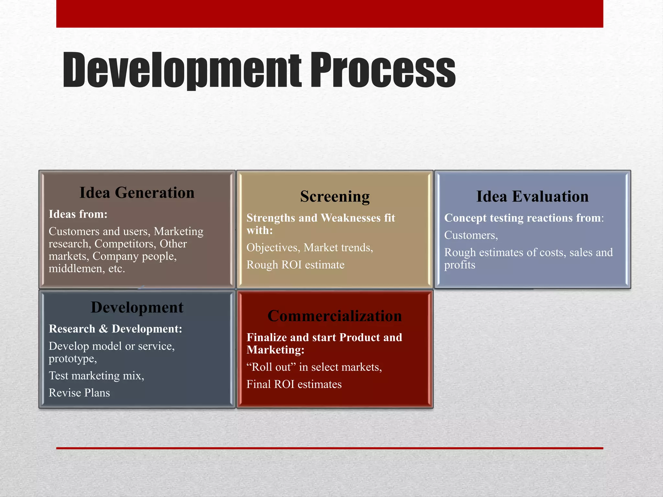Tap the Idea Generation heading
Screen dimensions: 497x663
137,193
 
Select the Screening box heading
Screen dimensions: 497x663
335,196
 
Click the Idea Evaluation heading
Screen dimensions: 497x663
532,196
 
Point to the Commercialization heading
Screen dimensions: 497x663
335,316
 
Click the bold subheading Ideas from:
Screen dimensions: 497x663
78,214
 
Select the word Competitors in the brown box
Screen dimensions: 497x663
124,244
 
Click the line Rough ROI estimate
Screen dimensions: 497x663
295,265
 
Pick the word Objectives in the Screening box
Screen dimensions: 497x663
273,248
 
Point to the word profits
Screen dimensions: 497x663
459,265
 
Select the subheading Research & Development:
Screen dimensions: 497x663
115,329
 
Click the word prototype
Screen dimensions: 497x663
72,359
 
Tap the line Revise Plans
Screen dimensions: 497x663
79,393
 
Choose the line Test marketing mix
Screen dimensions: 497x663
96,376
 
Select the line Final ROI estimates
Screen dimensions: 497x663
294,384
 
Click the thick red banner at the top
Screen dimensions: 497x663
330,14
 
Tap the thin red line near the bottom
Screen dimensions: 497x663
330,448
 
